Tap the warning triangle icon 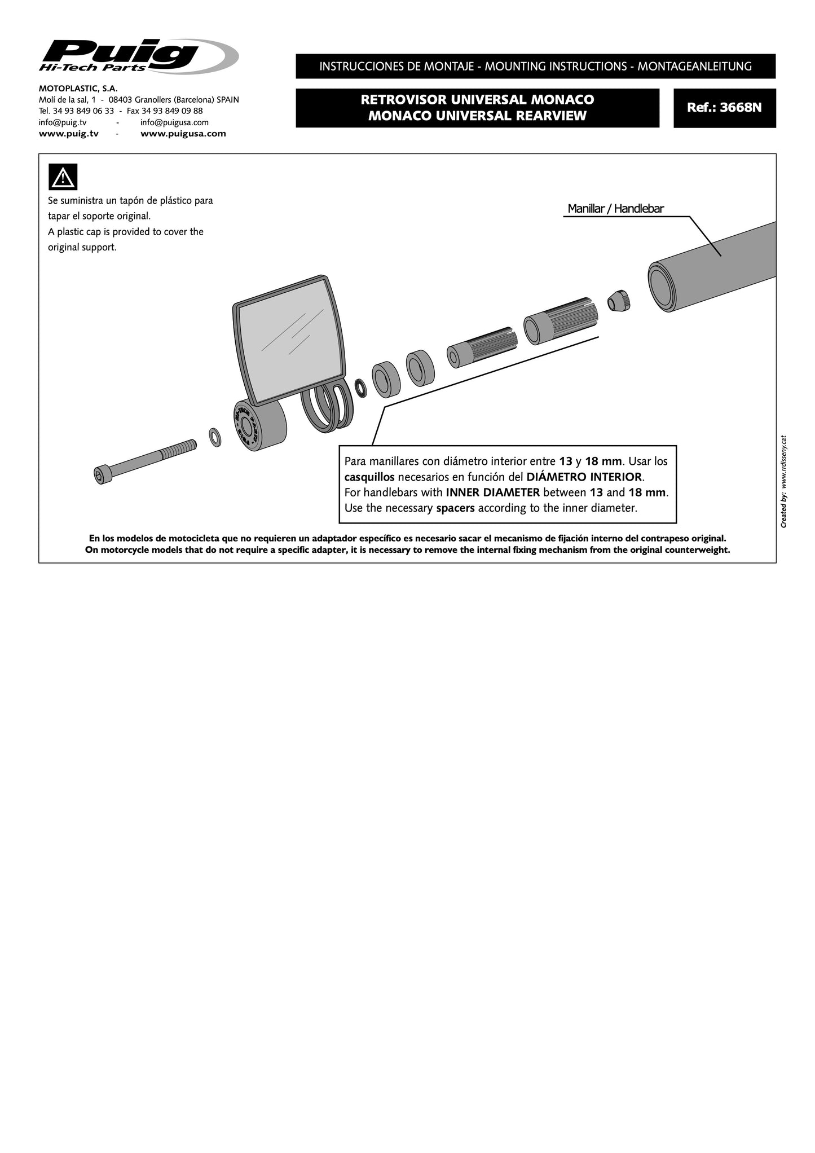click(x=63, y=177)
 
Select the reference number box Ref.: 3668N click(x=724, y=108)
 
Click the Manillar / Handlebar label click(x=615, y=209)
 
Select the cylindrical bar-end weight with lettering click(x=259, y=425)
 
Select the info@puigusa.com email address click(x=174, y=122)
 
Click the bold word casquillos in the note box click(x=369, y=477)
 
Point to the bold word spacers click(x=455, y=508)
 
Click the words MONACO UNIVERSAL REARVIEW click(x=477, y=116)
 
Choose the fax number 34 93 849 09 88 click(x=165, y=111)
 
